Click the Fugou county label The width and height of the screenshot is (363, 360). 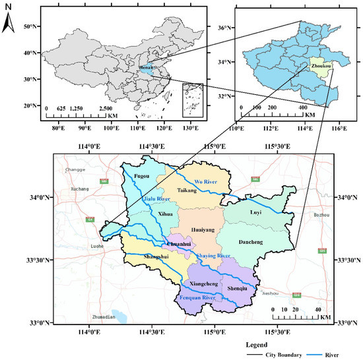click(x=143, y=177)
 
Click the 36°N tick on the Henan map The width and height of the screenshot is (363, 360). click(x=225, y=28)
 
